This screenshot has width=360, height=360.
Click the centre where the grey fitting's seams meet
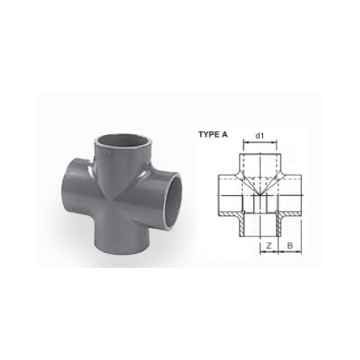tap(121, 193)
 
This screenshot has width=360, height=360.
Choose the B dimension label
tap(289, 244)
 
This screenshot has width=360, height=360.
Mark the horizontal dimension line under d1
tap(260, 143)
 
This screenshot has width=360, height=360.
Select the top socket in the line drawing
tap(260, 160)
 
